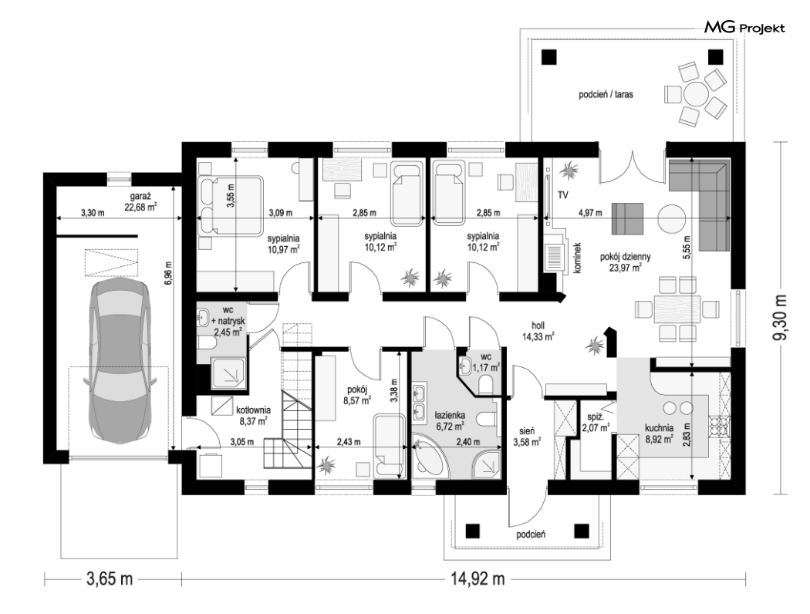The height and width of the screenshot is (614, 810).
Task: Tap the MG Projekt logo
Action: [x=744, y=27]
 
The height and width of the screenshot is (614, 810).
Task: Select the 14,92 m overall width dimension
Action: [x=477, y=579]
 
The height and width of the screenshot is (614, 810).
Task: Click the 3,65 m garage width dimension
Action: [x=109, y=579]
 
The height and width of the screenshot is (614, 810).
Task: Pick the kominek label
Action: [x=578, y=258]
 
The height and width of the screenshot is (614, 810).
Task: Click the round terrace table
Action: [x=697, y=95]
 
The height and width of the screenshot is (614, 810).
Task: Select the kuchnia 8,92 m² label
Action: [x=659, y=434]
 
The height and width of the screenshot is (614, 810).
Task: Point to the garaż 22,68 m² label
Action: [x=140, y=202]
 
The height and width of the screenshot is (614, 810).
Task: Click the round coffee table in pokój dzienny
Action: [x=672, y=219]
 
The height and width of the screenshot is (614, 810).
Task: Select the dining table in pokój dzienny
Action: [x=677, y=309]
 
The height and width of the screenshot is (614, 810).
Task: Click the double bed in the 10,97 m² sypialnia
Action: [x=231, y=207]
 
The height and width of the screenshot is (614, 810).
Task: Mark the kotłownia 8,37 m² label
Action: [x=253, y=415]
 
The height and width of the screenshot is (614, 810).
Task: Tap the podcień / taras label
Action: [x=606, y=95]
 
